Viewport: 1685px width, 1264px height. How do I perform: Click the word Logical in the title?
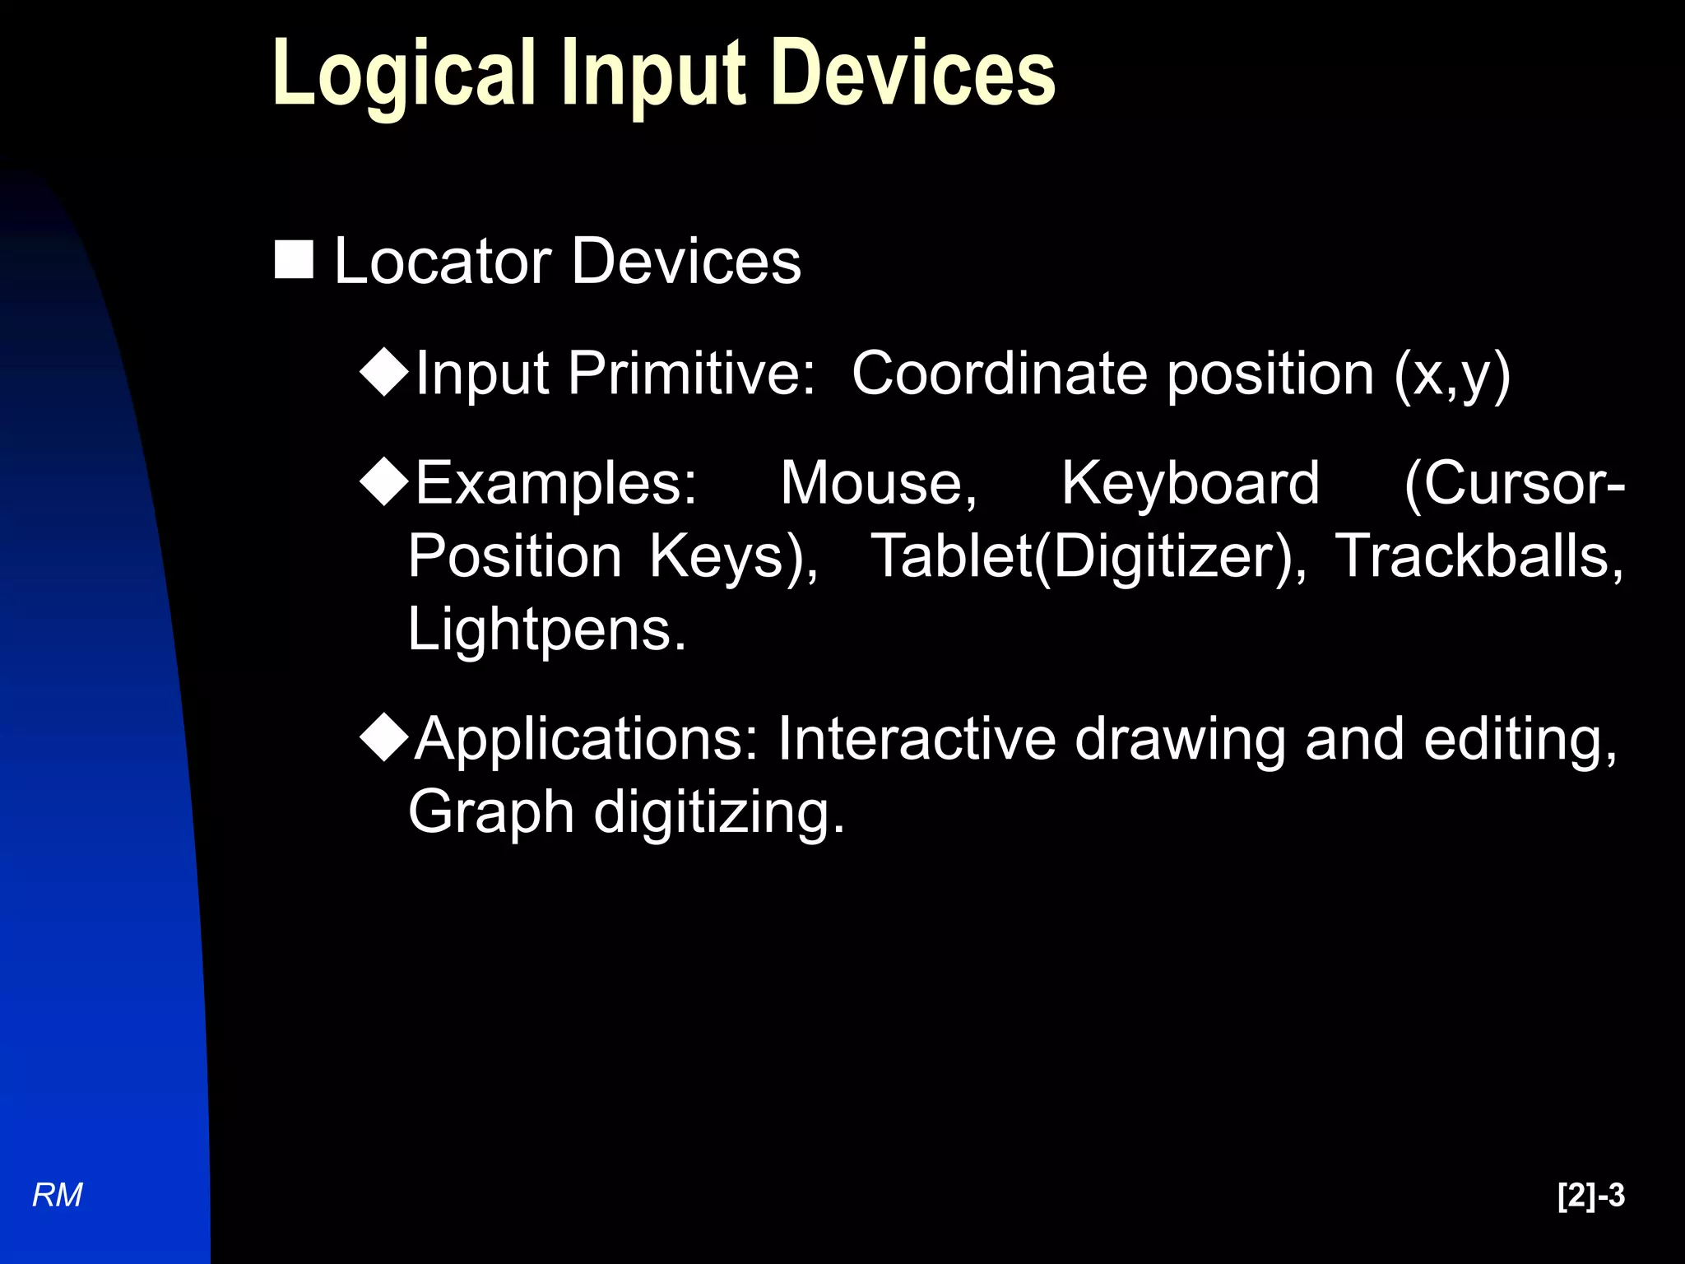403,76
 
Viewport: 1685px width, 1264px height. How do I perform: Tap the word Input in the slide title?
653,76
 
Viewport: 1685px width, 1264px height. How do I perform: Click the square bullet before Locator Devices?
294,260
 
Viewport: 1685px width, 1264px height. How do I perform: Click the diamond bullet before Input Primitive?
384,372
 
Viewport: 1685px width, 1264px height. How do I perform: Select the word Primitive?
691,374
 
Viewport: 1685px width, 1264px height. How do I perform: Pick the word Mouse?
878,483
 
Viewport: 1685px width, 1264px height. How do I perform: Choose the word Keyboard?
1190,483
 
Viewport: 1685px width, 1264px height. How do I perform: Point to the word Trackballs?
1478,556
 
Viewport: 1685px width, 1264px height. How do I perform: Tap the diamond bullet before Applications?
384,737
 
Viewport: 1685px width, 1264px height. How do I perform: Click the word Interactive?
917,739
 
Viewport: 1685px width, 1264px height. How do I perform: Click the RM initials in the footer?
58,1196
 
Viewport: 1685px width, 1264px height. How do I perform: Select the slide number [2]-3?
1590,1196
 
